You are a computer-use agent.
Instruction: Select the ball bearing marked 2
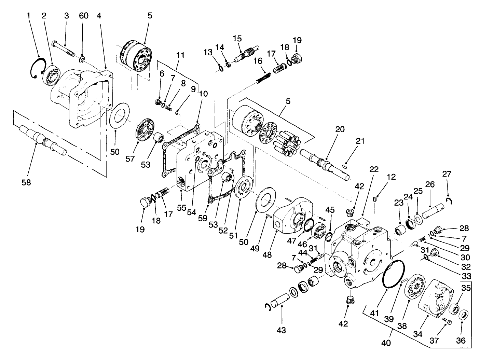(51, 74)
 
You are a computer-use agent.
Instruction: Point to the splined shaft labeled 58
(43, 141)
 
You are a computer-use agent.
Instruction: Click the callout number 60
(83, 16)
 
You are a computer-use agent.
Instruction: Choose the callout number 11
(180, 55)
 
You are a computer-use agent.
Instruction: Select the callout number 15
(237, 38)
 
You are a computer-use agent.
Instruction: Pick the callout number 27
(447, 174)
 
